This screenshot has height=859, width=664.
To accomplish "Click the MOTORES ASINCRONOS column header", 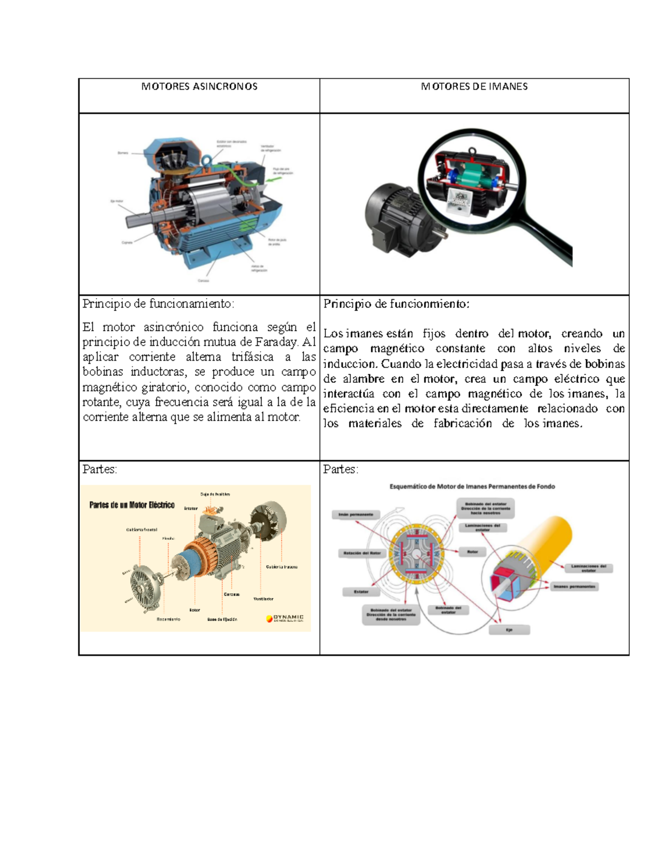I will pyautogui.click(x=199, y=86).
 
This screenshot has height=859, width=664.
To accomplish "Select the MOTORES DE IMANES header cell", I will pyautogui.click(x=474, y=86).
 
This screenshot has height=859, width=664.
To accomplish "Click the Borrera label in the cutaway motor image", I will pyautogui.click(x=123, y=153).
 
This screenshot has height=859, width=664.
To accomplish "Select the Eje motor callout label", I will pyautogui.click(x=117, y=201).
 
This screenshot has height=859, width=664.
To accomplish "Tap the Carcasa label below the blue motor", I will pyautogui.click(x=204, y=280).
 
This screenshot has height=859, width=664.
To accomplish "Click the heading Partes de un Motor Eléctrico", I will pyautogui.click(x=132, y=505).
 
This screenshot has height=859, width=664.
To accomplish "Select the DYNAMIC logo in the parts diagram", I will pyautogui.click(x=284, y=618).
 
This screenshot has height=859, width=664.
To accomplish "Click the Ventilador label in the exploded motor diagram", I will pyautogui.click(x=263, y=599).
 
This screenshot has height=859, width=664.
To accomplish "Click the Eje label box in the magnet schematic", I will pyautogui.click(x=510, y=629).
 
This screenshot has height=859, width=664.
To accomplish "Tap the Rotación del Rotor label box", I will pyautogui.click(x=361, y=553).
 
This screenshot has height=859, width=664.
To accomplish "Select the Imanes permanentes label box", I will pyautogui.click(x=574, y=586).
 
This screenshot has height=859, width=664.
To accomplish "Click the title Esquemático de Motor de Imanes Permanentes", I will pyautogui.click(x=472, y=487).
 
